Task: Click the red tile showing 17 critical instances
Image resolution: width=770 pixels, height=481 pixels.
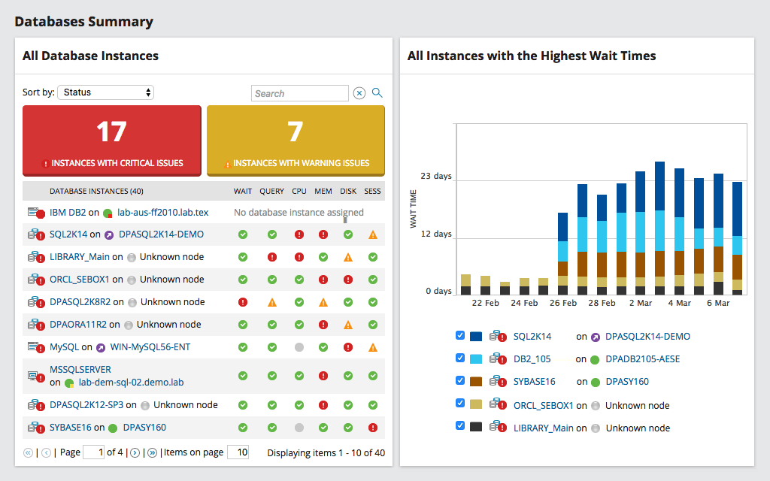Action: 111,140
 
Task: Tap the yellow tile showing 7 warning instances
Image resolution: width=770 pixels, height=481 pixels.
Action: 296,140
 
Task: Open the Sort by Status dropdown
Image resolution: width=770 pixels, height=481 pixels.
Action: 105,92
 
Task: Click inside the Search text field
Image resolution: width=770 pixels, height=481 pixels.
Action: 299,93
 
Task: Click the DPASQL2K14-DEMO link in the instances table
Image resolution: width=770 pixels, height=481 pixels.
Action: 161,234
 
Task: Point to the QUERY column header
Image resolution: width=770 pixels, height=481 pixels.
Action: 271,192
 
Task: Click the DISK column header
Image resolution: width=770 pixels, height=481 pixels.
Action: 348,192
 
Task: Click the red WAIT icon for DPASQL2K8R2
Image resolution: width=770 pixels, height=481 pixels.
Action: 243,302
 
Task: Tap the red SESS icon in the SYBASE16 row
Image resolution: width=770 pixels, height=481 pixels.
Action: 373,428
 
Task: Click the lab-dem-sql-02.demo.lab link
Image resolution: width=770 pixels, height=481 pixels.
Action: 131,382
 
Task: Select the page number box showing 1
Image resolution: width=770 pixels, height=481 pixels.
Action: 93,452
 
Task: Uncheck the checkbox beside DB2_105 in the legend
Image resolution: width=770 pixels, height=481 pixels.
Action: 459,358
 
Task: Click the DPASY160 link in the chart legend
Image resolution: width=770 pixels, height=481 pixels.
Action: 626,382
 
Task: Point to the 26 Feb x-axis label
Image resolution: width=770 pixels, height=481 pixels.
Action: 563,304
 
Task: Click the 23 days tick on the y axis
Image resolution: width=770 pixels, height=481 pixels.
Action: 436,177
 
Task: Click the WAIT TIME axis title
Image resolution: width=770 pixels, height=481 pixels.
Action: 413,209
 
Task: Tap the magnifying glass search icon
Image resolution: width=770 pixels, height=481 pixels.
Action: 377,93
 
